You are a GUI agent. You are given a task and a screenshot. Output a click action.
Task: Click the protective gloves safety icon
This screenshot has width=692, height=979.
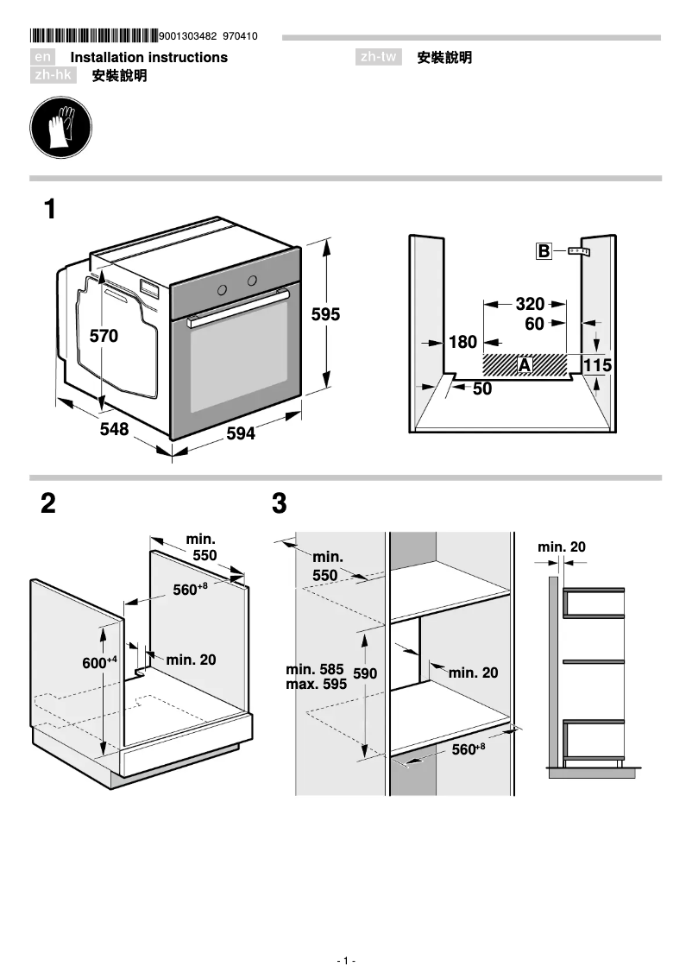60,126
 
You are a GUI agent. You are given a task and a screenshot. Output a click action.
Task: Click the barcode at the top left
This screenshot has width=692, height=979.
93,36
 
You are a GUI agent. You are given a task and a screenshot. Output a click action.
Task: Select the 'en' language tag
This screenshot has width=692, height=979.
44,57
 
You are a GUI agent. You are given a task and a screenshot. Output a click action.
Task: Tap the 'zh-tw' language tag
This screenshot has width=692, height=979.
379,57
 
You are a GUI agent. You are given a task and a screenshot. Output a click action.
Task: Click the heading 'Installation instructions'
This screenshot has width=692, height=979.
148,57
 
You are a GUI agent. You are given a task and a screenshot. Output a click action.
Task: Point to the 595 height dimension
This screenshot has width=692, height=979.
325,315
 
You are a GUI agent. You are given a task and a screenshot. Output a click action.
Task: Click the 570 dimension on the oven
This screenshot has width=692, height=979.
104,337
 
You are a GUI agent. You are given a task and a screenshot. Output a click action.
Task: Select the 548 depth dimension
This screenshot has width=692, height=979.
113,429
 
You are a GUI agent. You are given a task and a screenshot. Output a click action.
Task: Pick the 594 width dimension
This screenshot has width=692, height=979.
241,434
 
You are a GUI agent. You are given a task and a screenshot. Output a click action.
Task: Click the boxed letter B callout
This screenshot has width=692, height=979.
544,251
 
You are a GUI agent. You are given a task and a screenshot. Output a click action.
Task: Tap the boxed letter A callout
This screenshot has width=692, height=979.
524,365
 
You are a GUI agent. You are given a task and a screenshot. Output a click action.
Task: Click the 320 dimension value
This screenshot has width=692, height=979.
530,304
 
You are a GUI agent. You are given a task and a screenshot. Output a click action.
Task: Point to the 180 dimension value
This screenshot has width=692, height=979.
462,343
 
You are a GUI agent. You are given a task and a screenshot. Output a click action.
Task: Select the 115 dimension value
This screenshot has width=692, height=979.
597,366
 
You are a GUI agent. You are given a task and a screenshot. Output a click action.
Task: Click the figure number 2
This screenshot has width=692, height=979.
48,504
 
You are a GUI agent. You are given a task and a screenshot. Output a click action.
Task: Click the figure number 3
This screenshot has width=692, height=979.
279,504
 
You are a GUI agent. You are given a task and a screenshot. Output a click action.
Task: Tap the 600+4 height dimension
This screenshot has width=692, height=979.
99,663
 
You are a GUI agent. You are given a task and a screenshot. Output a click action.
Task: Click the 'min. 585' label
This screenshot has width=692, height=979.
314,668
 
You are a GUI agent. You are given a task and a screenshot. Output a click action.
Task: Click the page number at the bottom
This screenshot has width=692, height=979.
346,961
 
